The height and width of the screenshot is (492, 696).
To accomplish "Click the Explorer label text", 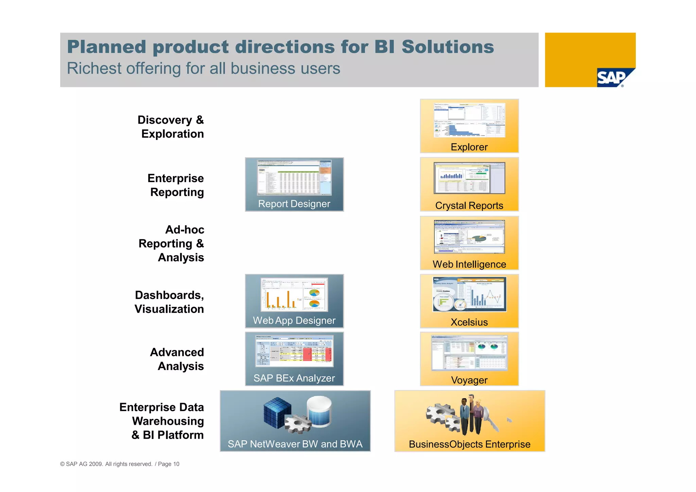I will (x=469, y=147).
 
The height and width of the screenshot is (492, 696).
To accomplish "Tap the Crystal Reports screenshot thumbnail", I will (x=469, y=178).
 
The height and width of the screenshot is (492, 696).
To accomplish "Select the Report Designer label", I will (x=294, y=204).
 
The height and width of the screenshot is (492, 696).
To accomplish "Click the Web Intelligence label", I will (x=469, y=264).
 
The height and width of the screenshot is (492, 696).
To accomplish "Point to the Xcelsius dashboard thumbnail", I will (x=469, y=294).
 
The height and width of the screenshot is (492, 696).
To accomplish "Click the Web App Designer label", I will (x=294, y=320).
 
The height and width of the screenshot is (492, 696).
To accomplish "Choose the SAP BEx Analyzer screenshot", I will (x=294, y=351).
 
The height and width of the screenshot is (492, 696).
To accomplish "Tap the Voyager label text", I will (x=469, y=380).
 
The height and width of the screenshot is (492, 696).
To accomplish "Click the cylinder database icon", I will (x=319, y=411).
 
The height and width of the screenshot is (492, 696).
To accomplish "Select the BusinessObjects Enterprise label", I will (x=469, y=444).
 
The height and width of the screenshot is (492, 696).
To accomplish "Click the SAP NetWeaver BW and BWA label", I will (x=295, y=444).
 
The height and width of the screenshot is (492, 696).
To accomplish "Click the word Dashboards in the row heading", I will (x=169, y=295).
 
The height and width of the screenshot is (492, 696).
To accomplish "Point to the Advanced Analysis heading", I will (x=177, y=359).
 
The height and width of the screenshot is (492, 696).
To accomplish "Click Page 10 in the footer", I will (x=169, y=464).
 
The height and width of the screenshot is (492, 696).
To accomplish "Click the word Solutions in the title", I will (x=448, y=47).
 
